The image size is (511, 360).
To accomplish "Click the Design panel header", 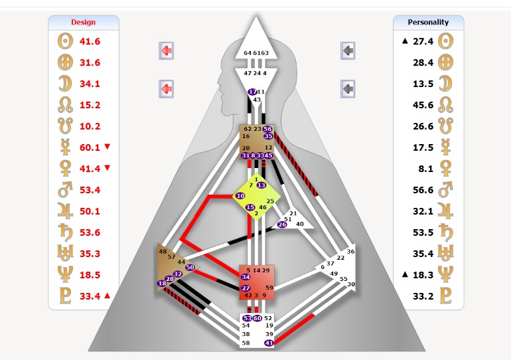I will [x=84, y=22].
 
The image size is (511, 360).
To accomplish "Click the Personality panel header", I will [x=428, y=22].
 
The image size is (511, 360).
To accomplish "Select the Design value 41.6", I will [x=90, y=41].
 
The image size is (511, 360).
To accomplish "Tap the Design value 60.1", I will [x=90, y=147].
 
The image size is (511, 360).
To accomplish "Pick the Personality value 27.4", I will [x=423, y=41].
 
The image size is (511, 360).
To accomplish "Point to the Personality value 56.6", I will [x=423, y=190].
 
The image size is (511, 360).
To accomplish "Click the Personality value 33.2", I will [x=423, y=296].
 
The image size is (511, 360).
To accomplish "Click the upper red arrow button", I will [x=167, y=50].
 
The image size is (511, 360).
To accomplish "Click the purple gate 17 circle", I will [x=252, y=92].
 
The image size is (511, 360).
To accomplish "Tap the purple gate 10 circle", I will [x=240, y=196].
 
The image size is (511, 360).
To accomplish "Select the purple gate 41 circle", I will [x=269, y=343].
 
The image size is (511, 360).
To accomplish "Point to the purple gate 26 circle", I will [x=282, y=225].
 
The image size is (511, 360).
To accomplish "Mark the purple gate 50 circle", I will [x=190, y=267].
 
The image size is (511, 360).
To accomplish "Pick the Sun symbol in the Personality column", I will [x=448, y=41].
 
